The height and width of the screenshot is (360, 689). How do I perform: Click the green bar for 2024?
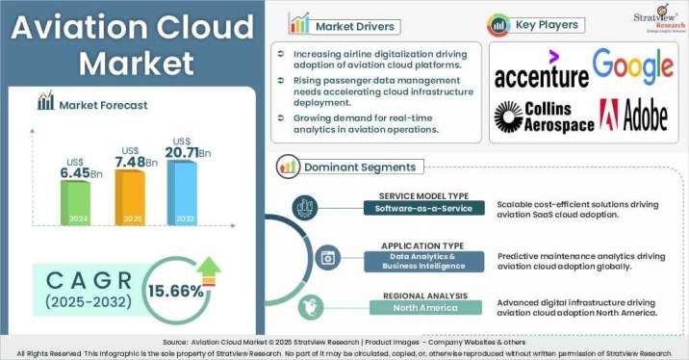tap(76, 200)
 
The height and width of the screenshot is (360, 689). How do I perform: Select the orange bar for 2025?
tap(130, 195)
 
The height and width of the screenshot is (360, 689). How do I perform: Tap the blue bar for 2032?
tap(182, 189)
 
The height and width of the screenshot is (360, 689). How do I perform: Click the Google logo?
tap(631, 65)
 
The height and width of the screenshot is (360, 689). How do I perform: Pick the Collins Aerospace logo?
tap(541, 116)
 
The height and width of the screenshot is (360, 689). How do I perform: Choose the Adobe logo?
tap(633, 116)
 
